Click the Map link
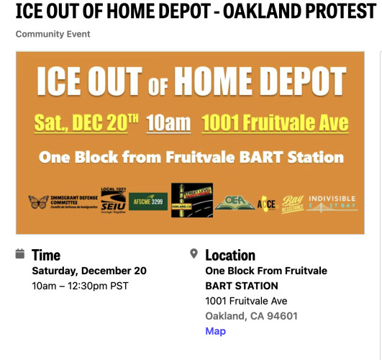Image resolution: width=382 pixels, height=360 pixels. [x=215, y=331]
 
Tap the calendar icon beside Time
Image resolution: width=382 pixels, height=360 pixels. [x=20, y=254]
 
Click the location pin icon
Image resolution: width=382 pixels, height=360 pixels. [x=194, y=254]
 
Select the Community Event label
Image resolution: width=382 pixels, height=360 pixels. [x=53, y=35]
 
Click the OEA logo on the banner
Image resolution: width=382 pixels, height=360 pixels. [x=235, y=202]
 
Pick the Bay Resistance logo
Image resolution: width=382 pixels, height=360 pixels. [x=291, y=203]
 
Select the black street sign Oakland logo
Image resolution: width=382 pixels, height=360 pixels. [x=191, y=199]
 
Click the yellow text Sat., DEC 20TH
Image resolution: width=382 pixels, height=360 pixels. [x=86, y=123]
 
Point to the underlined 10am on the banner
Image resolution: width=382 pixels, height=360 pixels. [x=168, y=123]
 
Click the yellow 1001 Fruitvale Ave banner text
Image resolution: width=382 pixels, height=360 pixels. [x=275, y=123]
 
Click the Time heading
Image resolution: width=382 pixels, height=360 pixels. [x=46, y=255]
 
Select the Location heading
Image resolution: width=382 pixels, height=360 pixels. [x=230, y=255]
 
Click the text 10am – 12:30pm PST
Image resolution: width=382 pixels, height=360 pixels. [x=80, y=286]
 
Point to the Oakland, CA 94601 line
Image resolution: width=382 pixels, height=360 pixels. [x=251, y=316]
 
